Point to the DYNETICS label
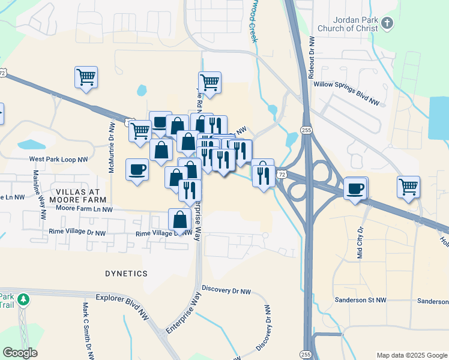pyautogui.click(x=125, y=274)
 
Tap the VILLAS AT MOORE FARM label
pyautogui.click(x=77, y=195)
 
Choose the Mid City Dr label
pyautogui.click(x=360, y=241)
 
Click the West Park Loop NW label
pyautogui.click(x=59, y=160)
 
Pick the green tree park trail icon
pyautogui.click(x=23, y=298)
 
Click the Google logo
pyautogui.click(x=20, y=353)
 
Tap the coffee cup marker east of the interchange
pyautogui.click(x=355, y=188)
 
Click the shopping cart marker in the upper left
pyautogui.click(x=86, y=77)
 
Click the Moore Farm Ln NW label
pyautogui.click(x=84, y=209)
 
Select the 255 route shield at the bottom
pyautogui.click(x=306, y=353)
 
